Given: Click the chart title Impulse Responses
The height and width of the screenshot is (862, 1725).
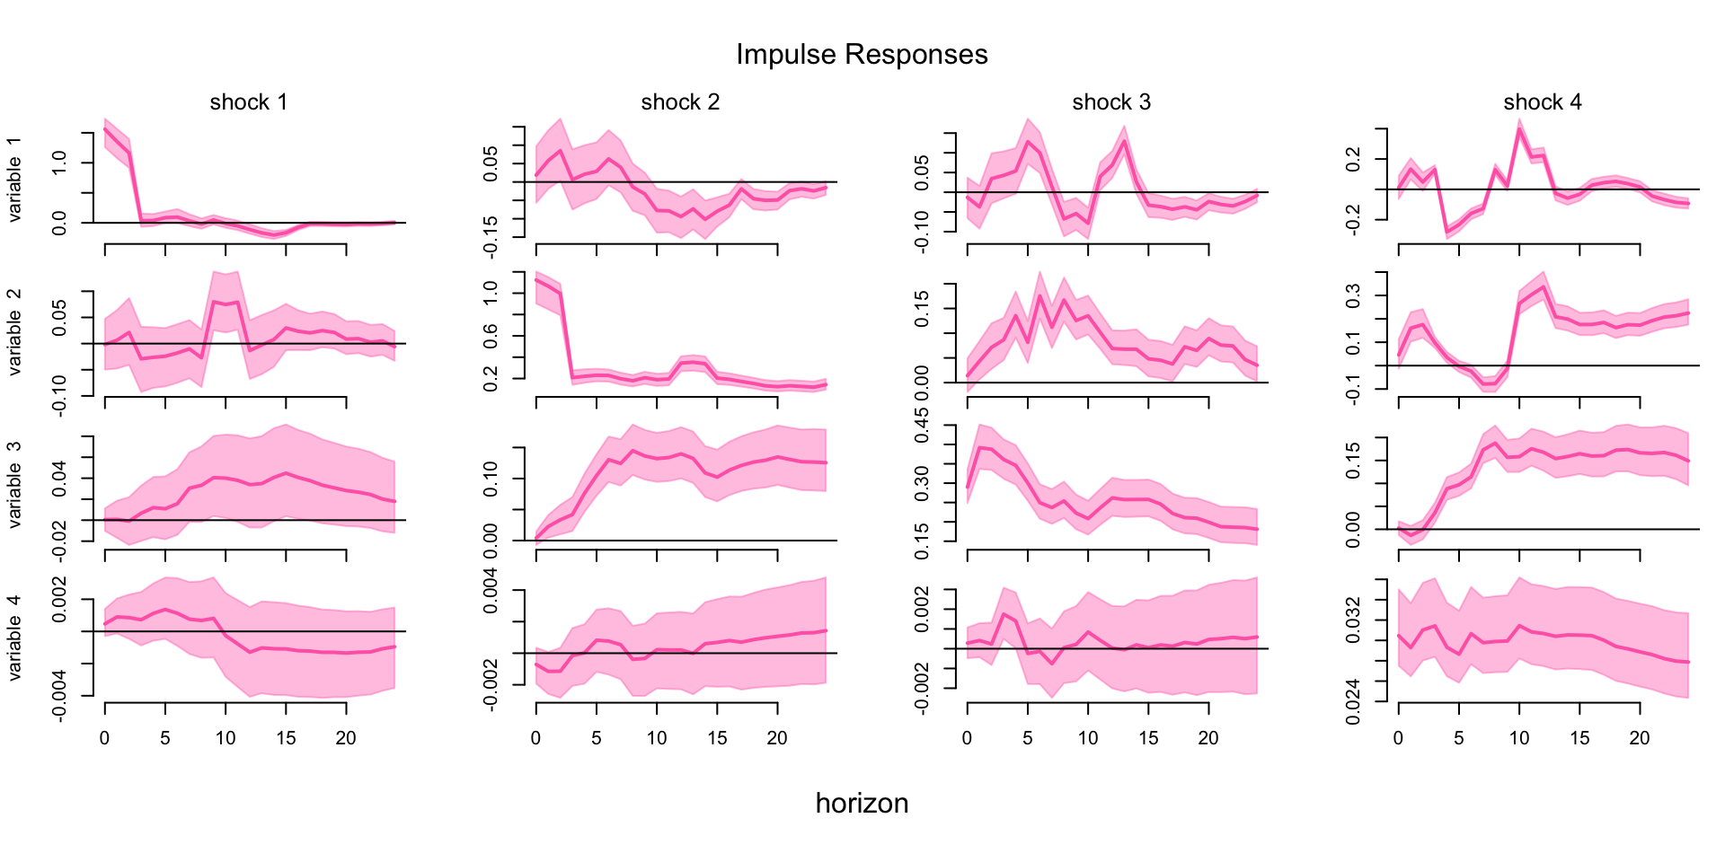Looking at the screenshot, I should [x=862, y=55].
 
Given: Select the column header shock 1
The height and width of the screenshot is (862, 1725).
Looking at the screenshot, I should [x=249, y=102].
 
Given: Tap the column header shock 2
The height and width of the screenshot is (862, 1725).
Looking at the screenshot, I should [x=680, y=102].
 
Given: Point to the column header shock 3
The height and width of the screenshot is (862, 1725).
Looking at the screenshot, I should [x=1111, y=102].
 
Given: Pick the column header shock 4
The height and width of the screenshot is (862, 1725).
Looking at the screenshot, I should [x=1543, y=102].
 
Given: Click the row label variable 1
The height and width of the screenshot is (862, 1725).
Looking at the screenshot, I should [x=14, y=180].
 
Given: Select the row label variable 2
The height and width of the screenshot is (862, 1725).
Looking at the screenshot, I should [x=14, y=332].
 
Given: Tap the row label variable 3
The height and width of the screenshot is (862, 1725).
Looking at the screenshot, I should [x=14, y=485].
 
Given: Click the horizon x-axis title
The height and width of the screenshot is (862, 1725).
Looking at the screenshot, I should [x=862, y=803].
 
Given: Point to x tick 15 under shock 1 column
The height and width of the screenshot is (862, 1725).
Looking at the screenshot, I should [x=286, y=739].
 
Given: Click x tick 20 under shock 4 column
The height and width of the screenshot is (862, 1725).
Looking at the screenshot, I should [x=1640, y=739].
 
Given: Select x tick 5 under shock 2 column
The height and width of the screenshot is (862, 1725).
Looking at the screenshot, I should [x=597, y=739].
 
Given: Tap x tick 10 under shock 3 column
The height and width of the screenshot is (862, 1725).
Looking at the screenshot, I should [x=1088, y=739].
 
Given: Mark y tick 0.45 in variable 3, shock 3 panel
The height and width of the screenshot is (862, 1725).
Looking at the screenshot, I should [x=922, y=426].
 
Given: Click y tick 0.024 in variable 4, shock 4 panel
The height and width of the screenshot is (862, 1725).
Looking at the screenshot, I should [x=1353, y=701].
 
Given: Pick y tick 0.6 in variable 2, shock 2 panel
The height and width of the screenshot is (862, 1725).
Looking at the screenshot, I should [x=491, y=336].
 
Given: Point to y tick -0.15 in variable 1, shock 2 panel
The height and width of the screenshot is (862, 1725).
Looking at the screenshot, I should [x=491, y=237].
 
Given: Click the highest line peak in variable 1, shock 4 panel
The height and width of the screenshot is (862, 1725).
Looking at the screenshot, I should [x=1519, y=129].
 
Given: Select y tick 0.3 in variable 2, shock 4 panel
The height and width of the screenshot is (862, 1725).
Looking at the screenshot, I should [x=1353, y=296].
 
